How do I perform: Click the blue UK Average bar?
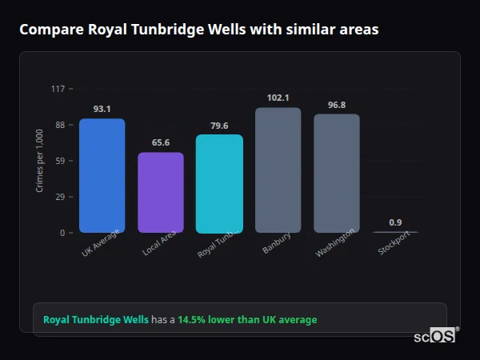point(102,176)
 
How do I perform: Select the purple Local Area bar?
point(160,193)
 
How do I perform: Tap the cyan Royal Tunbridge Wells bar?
point(219,184)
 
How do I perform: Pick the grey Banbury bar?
point(278,170)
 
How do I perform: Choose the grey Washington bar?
point(337,174)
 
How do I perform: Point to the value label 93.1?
point(102,109)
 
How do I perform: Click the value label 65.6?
point(160,142)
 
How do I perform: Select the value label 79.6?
point(219,126)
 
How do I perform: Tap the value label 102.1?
point(278,98)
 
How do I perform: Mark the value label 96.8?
point(337,105)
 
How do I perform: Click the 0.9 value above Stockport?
point(395,222)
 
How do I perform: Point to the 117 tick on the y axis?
point(58,89)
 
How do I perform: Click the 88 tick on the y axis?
point(59,125)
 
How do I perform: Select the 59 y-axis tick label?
point(59,161)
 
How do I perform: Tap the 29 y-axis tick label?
point(59,197)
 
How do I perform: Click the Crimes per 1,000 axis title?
point(40,161)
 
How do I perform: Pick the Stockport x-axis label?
point(392,246)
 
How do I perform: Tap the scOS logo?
point(435,337)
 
